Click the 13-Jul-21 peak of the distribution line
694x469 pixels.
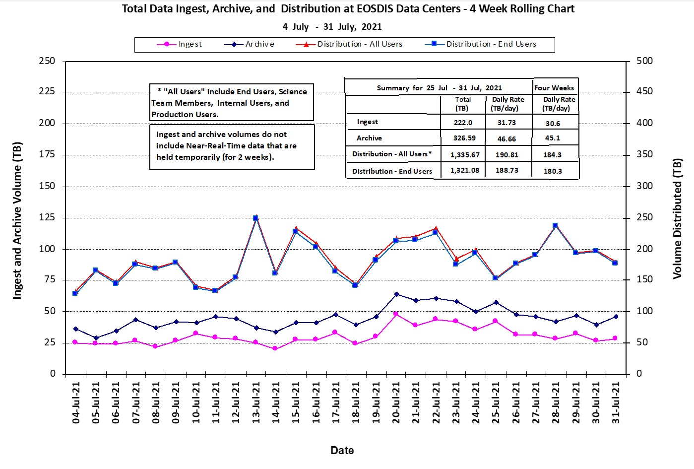click(x=255, y=218)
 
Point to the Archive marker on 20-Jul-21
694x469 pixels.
click(x=396, y=294)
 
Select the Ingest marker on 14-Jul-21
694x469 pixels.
click(x=275, y=348)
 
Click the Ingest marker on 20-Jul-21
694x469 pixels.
click(x=396, y=314)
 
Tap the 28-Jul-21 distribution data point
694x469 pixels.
click(x=555, y=225)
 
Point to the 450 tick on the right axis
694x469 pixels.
click(x=645, y=91)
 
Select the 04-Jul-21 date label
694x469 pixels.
click(x=76, y=402)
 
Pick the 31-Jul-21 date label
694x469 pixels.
click(x=616, y=402)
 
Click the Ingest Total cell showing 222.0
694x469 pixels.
click(x=462, y=123)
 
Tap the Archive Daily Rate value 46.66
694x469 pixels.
click(x=506, y=139)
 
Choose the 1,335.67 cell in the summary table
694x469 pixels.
click(x=465, y=155)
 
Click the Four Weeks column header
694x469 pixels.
click(x=554, y=88)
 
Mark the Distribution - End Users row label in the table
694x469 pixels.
click(x=392, y=171)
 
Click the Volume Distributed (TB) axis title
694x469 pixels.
click(x=678, y=218)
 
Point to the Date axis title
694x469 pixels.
click(x=342, y=450)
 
